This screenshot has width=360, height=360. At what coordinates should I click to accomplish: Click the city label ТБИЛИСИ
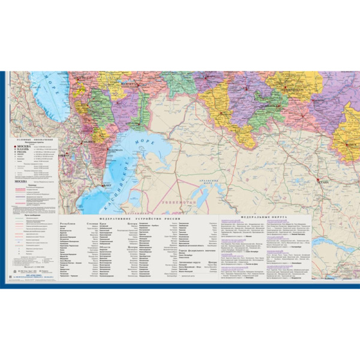click(90, 142)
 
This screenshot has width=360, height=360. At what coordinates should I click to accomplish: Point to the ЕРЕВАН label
click(64, 155)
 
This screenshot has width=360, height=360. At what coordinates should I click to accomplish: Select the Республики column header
click(68, 223)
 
